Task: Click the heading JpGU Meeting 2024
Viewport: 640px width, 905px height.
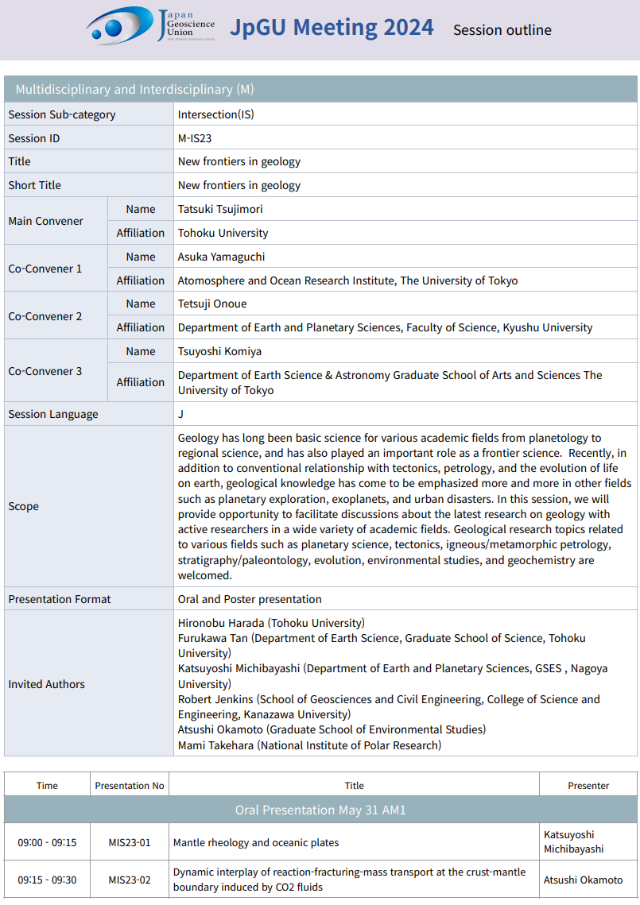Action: coord(332,27)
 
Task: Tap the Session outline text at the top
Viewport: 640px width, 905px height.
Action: coord(502,30)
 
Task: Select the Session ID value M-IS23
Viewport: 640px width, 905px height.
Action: coord(195,138)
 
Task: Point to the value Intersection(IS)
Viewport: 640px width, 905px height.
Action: coord(216,114)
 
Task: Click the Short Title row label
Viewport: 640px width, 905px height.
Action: coord(45,185)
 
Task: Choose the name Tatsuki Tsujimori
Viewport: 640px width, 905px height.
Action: coord(220,209)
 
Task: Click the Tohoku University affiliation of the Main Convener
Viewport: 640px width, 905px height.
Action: coord(223,233)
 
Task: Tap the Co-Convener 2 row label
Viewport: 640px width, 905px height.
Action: coord(45,316)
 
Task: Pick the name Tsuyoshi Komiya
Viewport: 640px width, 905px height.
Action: coord(219,351)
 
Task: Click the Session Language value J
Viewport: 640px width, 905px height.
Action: coord(180,414)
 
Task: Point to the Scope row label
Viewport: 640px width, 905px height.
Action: coord(24,506)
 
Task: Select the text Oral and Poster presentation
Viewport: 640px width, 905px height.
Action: coord(250,599)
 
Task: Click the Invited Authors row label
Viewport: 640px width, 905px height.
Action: coord(46,684)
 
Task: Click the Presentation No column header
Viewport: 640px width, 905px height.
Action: coord(130,786)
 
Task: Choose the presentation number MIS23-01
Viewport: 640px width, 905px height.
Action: coord(130,842)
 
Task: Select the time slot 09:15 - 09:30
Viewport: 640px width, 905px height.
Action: coord(47,880)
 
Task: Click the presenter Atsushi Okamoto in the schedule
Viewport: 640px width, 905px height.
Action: coord(584,880)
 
